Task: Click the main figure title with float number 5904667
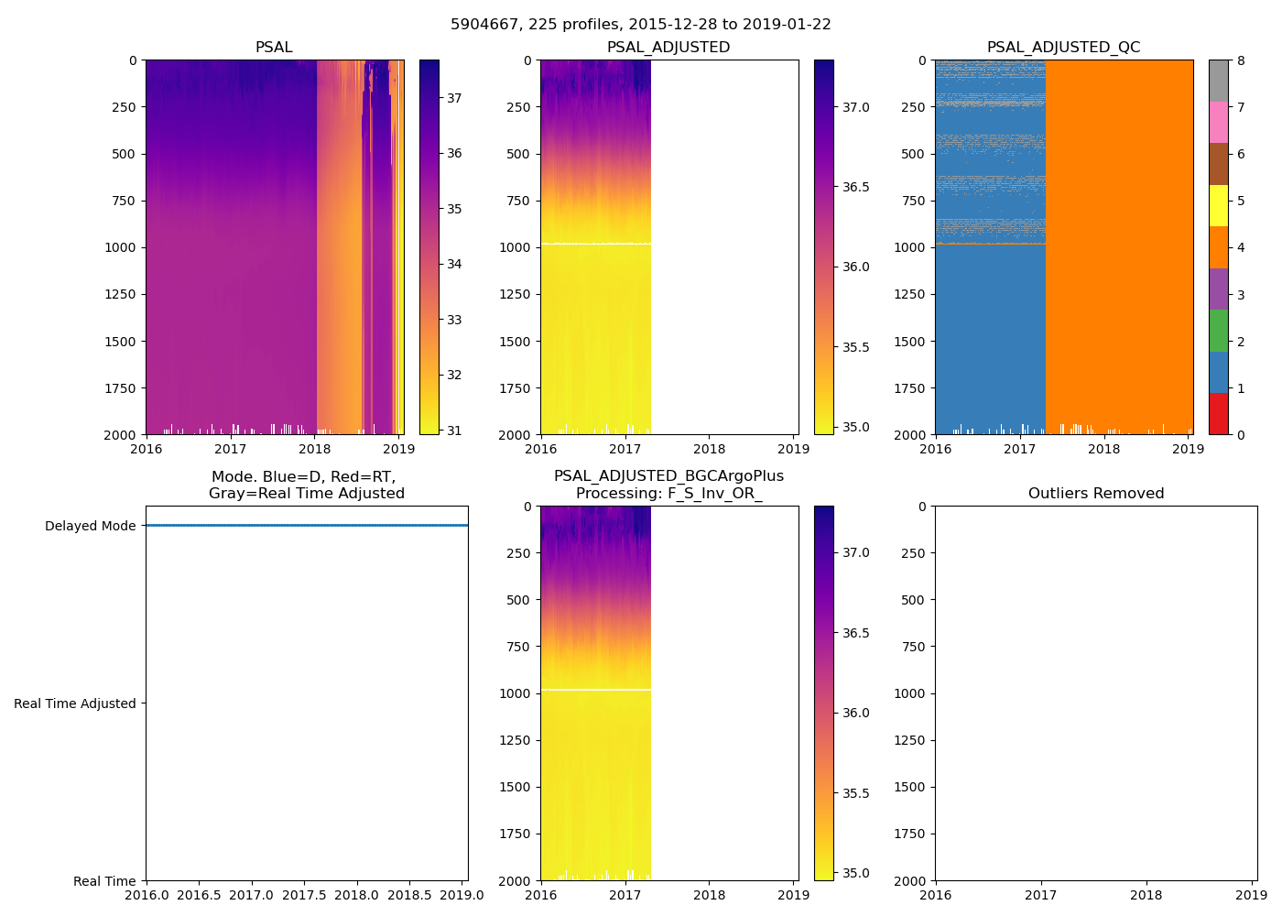(x=640, y=25)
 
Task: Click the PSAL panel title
(x=274, y=48)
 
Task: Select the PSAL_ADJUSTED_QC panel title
(x=1063, y=48)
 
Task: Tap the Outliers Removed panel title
(x=1095, y=494)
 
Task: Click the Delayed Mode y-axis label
(x=90, y=526)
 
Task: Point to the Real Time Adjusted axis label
(x=74, y=703)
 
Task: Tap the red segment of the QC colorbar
(x=1218, y=414)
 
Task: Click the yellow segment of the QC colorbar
(x=1218, y=206)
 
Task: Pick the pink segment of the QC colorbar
(x=1218, y=123)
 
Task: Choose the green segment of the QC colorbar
(x=1218, y=331)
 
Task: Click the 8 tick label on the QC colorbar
(x=1241, y=61)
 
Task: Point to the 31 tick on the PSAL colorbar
(x=454, y=431)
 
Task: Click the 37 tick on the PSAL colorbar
(x=454, y=98)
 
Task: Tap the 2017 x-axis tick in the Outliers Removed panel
(x=1040, y=895)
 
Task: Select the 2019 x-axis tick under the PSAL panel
(x=398, y=449)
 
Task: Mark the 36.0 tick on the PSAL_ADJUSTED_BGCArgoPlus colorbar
(x=856, y=714)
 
